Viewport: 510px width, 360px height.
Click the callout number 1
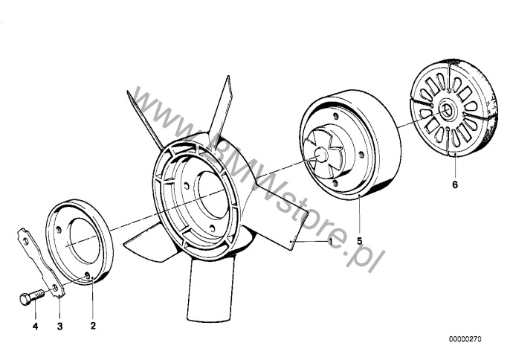(x=330, y=242)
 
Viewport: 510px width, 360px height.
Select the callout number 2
(x=93, y=326)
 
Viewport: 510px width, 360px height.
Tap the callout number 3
(x=59, y=326)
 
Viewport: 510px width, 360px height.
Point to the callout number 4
(x=35, y=326)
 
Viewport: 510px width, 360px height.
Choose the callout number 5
(x=359, y=241)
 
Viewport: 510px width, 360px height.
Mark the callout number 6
(x=455, y=185)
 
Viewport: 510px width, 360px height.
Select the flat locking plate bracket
(x=41, y=263)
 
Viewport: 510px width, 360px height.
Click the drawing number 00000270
(x=465, y=339)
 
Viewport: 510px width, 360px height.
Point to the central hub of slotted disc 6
(x=446, y=111)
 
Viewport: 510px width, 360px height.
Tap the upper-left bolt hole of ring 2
(x=59, y=230)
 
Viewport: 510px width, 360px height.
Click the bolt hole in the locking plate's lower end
(x=55, y=288)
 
